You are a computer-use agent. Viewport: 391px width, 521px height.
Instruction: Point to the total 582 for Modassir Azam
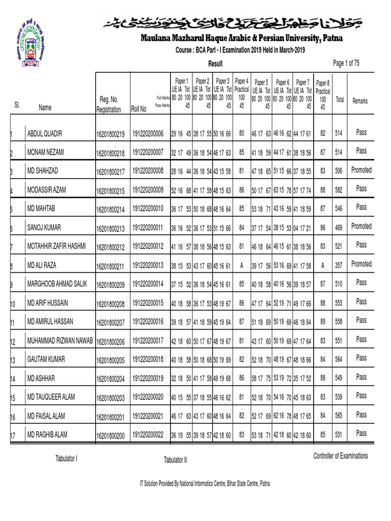338,189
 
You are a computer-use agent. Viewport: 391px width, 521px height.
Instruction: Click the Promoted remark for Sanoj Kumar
361,226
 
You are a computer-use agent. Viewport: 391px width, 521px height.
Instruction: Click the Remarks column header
360,101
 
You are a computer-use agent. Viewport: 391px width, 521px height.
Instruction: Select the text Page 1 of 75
346,63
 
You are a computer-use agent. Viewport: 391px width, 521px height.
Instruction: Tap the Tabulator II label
175,460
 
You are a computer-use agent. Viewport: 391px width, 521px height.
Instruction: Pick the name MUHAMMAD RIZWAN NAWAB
60,340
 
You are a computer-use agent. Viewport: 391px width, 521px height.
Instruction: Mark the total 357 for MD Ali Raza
338,265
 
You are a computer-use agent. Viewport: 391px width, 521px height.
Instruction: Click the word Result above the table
215,64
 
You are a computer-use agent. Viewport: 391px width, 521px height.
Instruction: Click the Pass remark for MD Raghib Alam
361,433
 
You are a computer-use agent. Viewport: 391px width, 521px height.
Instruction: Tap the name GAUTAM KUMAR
46,359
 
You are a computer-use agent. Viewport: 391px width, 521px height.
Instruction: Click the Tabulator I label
66,459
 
